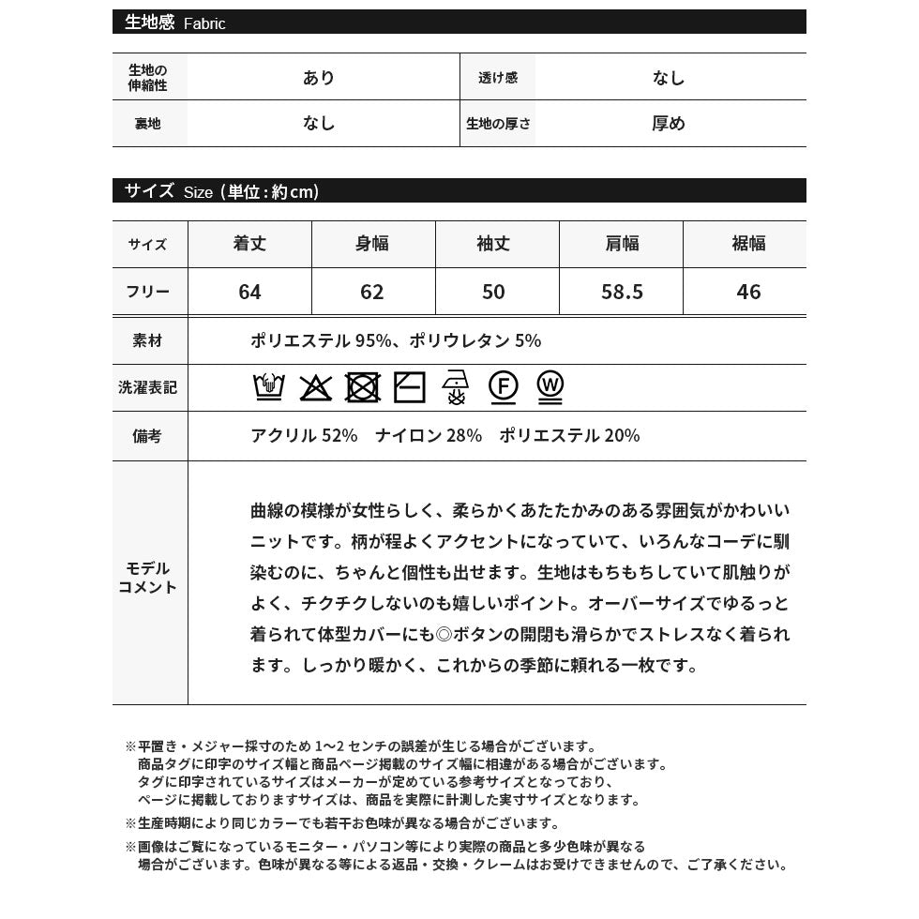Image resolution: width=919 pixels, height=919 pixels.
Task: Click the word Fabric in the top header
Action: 204,24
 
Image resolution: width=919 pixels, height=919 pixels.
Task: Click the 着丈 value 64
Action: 249,292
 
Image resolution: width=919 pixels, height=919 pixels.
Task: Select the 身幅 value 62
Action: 372,292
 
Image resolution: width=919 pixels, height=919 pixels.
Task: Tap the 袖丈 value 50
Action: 493,292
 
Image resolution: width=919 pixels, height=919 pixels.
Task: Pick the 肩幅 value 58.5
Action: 622,292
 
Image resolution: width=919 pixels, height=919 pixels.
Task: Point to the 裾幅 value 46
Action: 748,292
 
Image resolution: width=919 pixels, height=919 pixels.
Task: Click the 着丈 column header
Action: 249,244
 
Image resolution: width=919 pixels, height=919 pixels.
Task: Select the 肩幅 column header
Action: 622,244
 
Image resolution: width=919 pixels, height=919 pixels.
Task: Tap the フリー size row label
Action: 148,292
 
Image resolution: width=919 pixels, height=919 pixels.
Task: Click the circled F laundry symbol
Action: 504,386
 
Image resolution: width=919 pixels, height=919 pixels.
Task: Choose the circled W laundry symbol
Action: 550,386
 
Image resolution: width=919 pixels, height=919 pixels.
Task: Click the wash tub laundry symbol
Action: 269,386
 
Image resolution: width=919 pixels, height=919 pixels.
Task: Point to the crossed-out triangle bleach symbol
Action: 315,387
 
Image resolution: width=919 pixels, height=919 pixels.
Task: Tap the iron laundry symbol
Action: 456,386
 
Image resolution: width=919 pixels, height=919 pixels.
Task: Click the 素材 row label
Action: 148,341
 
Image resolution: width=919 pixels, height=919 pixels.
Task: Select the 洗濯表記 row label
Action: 148,387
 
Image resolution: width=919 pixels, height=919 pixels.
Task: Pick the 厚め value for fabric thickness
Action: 669,124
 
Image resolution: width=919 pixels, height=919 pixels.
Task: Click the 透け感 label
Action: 498,78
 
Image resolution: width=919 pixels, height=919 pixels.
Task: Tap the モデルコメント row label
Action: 148,578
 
